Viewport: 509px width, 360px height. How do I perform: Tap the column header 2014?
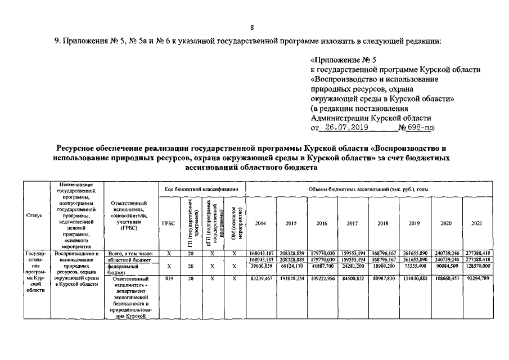point(260,223)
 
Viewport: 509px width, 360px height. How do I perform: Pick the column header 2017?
point(353,223)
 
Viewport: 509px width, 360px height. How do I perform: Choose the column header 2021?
point(476,223)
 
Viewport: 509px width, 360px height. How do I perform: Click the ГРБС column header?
point(168,223)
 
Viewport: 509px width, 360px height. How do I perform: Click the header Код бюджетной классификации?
point(201,189)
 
